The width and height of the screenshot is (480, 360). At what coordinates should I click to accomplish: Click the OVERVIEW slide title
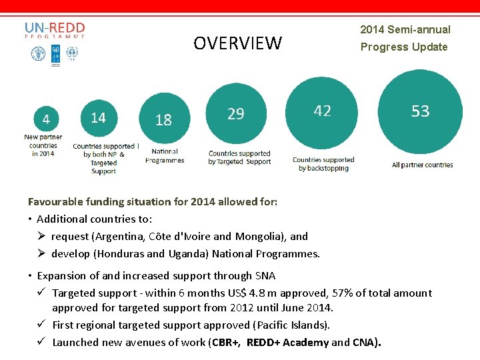click(237, 44)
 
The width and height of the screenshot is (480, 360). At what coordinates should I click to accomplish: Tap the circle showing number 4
click(45, 119)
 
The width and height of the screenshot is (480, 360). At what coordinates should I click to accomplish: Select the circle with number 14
click(98, 118)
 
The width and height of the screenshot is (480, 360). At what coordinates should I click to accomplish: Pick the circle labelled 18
click(163, 120)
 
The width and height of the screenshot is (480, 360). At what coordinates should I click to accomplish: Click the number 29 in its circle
click(235, 114)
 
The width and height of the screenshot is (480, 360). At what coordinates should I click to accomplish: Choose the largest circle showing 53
click(420, 111)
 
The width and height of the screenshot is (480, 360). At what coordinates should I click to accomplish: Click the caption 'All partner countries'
click(422, 165)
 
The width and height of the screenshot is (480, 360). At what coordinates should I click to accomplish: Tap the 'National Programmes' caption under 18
click(165, 156)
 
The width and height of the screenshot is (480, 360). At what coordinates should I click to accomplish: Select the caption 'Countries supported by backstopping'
click(323, 164)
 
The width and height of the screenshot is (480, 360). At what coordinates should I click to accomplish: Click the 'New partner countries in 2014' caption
click(43, 145)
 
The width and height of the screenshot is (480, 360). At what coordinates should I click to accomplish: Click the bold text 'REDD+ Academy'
click(287, 343)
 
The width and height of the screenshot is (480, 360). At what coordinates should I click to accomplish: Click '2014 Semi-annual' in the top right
click(405, 29)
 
